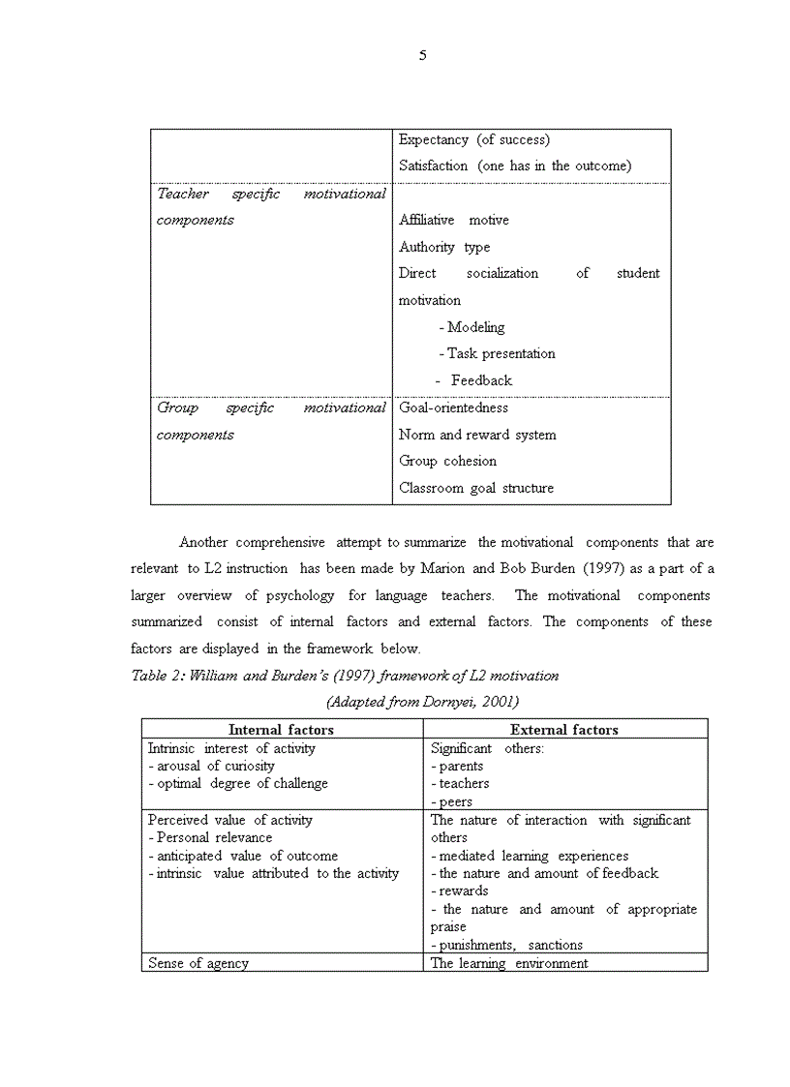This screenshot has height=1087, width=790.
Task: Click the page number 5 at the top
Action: [422, 56]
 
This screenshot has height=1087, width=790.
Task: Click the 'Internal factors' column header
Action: [281, 730]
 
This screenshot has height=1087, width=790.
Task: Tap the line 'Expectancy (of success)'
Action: [474, 139]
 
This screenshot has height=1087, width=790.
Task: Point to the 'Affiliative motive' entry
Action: [453, 220]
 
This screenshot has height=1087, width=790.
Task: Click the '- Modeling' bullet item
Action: [471, 327]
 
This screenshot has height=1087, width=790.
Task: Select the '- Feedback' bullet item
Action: [474, 380]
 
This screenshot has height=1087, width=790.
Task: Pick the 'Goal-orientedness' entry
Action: [453, 408]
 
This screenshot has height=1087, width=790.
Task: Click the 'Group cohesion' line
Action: [447, 461]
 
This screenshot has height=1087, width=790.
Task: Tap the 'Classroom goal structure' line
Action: [476, 488]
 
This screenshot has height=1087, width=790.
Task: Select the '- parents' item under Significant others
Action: [457, 766]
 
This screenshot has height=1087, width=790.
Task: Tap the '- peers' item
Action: [452, 801]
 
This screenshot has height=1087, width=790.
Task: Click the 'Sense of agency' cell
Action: [197, 963]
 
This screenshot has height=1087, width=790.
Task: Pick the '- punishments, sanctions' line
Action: [506, 945]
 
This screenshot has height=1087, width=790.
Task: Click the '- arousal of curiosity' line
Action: [211, 766]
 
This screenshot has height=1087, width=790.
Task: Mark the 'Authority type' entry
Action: [444, 247]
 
